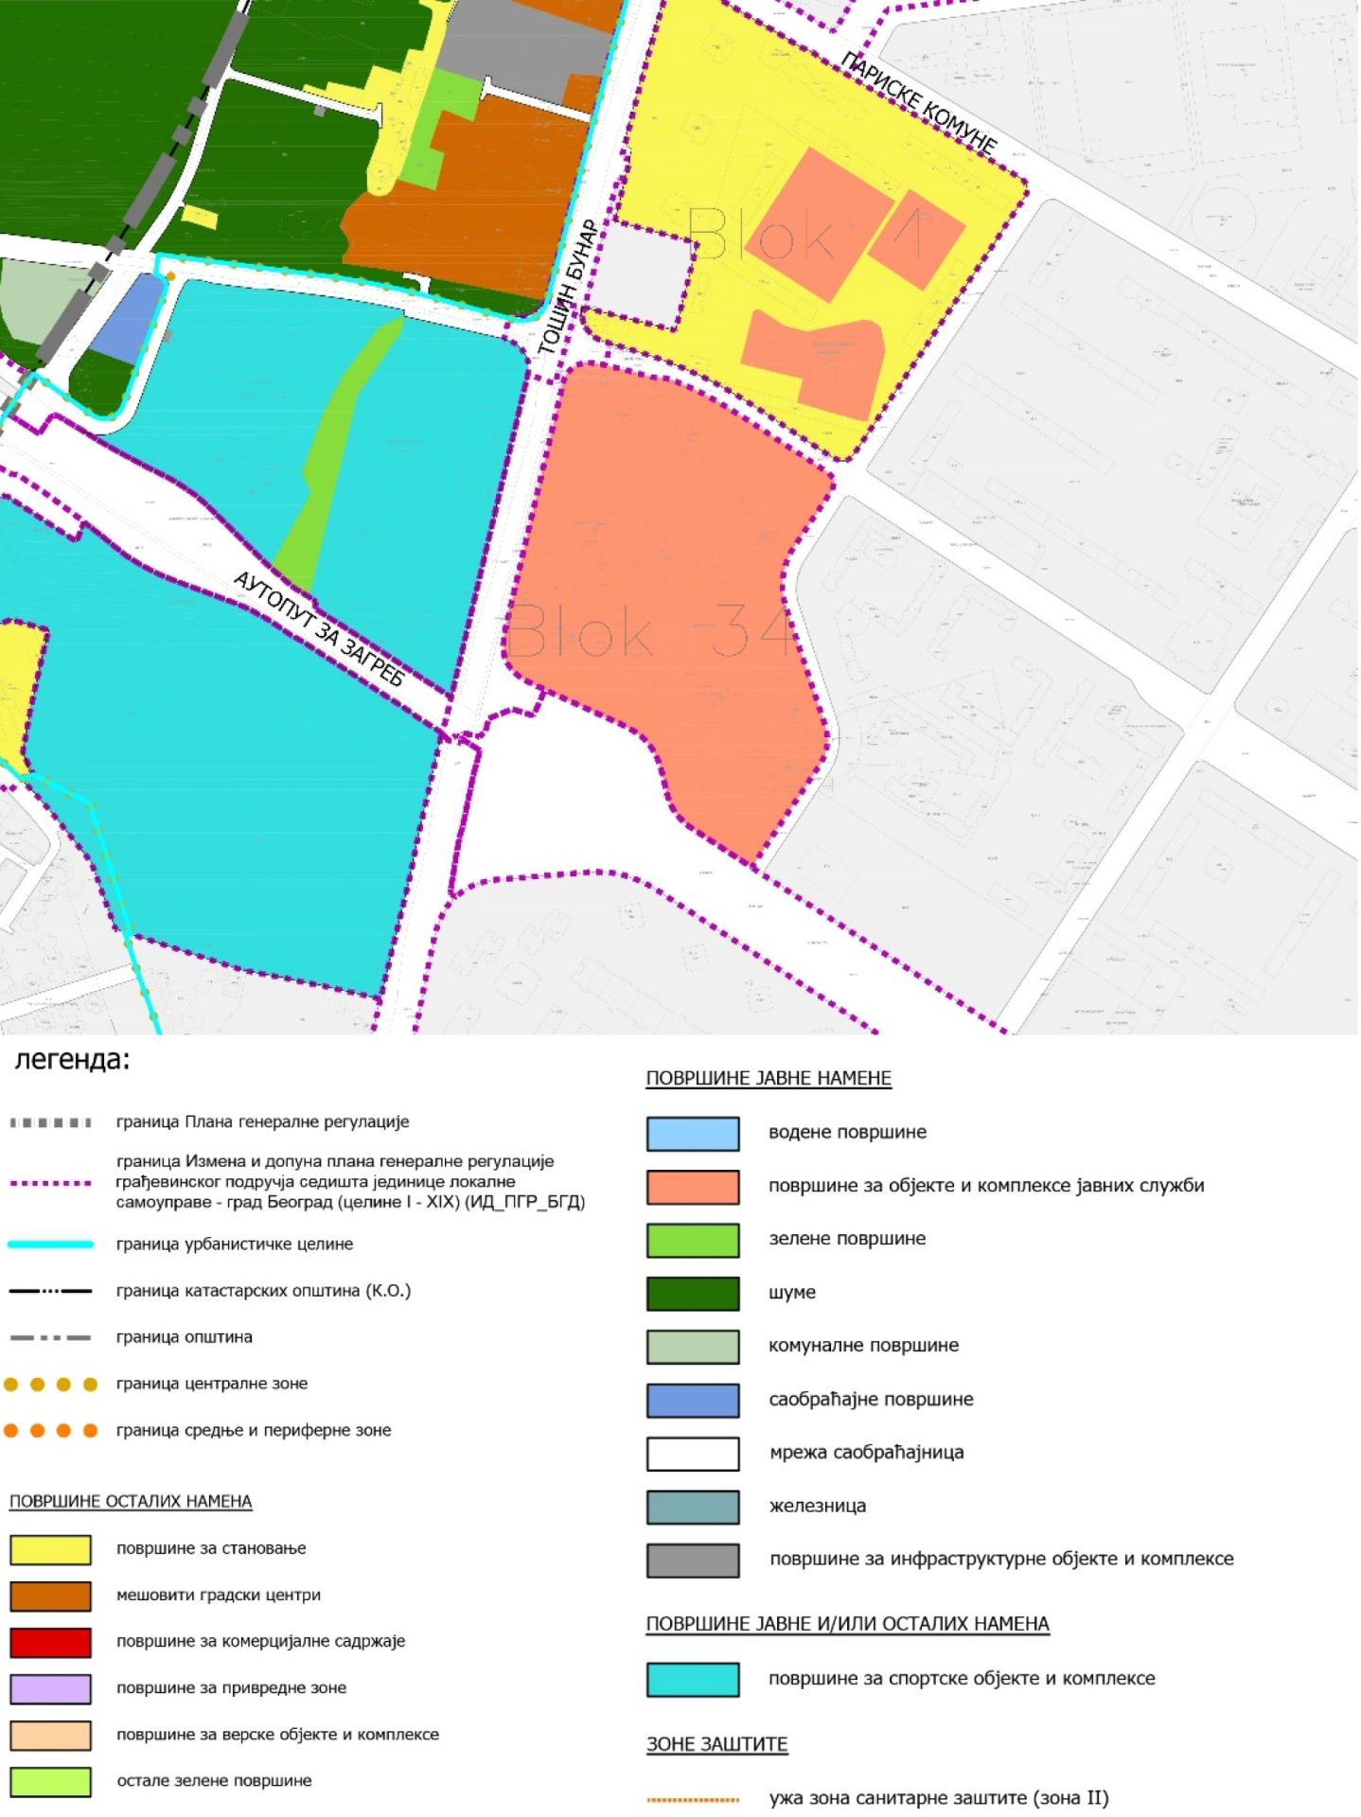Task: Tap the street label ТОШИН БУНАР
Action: pos(568,288)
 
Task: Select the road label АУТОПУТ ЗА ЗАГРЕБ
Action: pos(319,628)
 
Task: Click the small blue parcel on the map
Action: pos(126,317)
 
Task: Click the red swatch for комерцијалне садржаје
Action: pos(50,1642)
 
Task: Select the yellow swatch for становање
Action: pos(50,1549)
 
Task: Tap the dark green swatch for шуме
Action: pos(693,1293)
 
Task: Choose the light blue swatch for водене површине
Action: pos(693,1133)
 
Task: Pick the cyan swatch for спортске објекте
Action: pos(693,1679)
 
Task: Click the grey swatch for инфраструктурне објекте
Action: pos(693,1560)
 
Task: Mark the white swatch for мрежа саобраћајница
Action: pos(693,1453)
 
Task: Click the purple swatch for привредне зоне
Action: pos(50,1688)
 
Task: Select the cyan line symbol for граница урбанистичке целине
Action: pos(50,1244)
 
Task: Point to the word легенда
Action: pos(72,1060)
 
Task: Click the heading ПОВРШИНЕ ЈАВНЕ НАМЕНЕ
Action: pos(769,1079)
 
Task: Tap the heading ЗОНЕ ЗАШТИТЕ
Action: pos(716,1744)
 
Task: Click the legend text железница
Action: pos(817,1506)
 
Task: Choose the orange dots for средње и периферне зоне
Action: pos(50,1431)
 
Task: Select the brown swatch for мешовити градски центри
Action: pos(50,1596)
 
